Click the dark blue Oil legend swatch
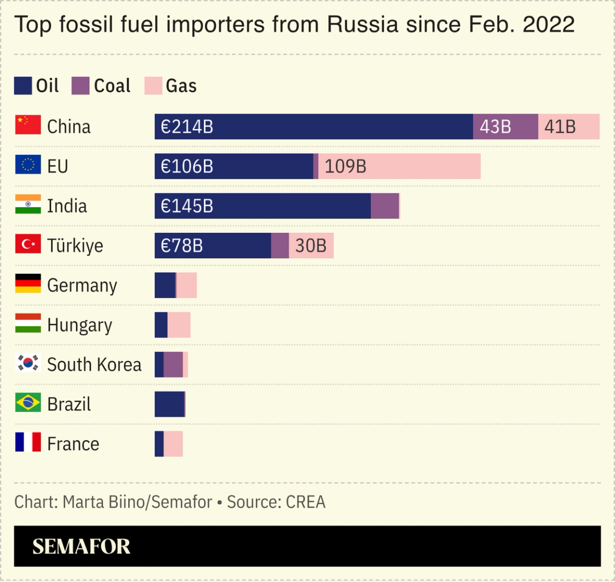(x=23, y=86)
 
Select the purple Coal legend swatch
(x=81, y=86)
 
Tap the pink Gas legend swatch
(x=153, y=86)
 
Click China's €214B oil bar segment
(x=313, y=127)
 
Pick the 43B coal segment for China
(x=505, y=127)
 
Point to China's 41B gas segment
(x=569, y=127)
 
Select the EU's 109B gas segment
(x=399, y=166)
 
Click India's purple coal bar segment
(x=385, y=206)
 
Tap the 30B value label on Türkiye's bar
(x=311, y=246)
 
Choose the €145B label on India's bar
(x=187, y=206)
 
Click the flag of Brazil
(x=28, y=403)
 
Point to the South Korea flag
(x=28, y=364)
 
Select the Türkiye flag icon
(x=28, y=245)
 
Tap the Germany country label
(x=82, y=286)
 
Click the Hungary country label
(x=80, y=325)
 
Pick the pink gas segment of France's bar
(x=173, y=444)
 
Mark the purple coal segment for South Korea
(x=173, y=365)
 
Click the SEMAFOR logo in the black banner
(x=81, y=546)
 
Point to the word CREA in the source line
(x=305, y=502)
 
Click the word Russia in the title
(x=362, y=25)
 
